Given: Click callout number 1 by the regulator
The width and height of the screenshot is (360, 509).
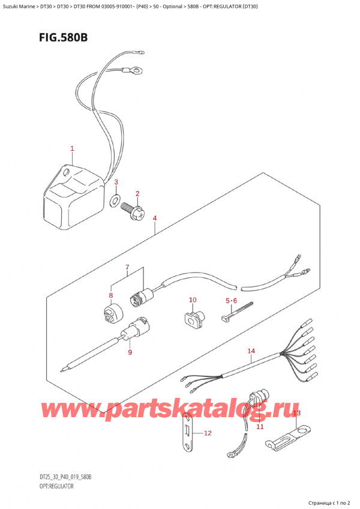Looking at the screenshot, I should coord(72,148).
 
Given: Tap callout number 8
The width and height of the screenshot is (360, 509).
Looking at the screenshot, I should coord(110,295).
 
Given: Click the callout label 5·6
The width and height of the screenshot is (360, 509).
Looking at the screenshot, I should coord(232,300).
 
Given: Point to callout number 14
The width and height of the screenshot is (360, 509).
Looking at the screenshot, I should coord(251,351).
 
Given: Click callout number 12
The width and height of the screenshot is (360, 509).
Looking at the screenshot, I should coord(208,433).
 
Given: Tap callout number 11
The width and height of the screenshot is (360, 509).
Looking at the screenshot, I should coord(260,427).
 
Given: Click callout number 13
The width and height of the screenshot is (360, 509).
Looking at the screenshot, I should coord(296,414).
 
